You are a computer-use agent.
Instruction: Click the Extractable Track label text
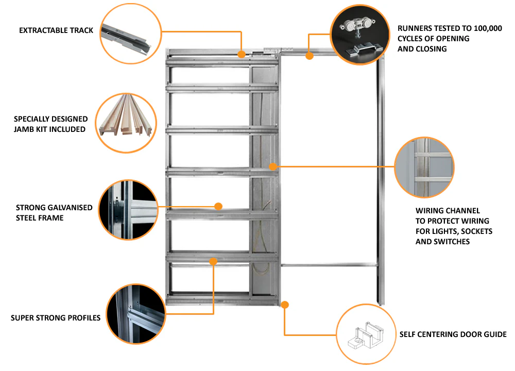coord(56,30)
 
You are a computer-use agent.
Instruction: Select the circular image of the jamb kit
coord(126,122)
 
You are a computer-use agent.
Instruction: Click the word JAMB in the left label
coord(25,129)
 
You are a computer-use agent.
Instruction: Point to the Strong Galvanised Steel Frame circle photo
coord(127,211)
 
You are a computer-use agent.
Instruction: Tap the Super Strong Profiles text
coord(56,318)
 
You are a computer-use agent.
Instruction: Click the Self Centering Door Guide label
coord(453,334)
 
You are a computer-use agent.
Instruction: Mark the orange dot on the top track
coord(241,53)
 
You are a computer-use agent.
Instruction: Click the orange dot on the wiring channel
coord(273,166)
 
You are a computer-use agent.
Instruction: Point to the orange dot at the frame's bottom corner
coord(285,305)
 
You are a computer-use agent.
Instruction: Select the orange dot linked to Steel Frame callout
coord(218,206)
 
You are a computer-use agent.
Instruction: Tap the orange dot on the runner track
coord(310,56)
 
